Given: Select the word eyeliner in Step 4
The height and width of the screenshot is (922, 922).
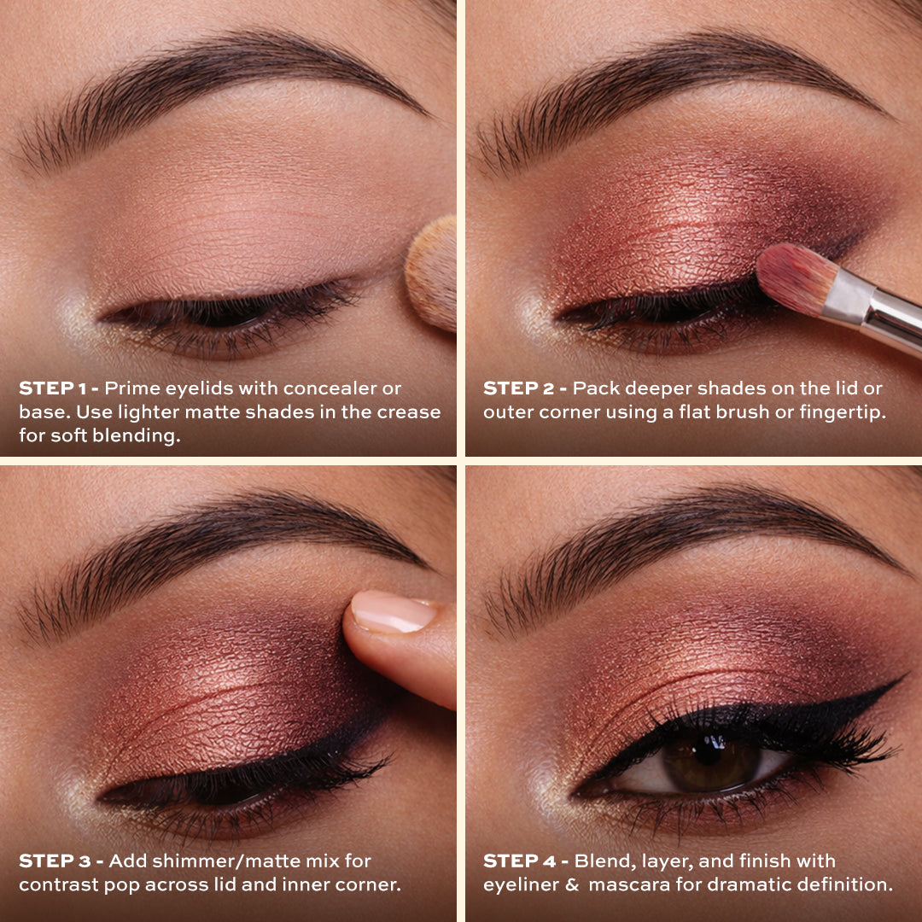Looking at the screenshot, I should [x=518, y=884].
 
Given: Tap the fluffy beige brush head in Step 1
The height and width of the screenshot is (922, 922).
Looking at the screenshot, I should [x=434, y=273].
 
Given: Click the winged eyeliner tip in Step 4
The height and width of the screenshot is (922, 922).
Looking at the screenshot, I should [x=898, y=681].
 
